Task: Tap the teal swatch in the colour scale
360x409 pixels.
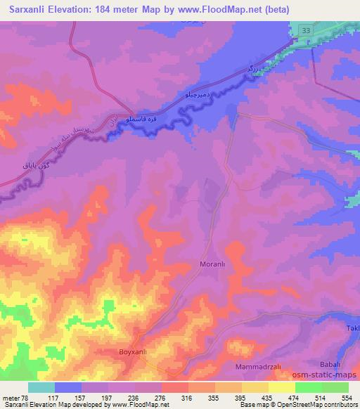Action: [x=41, y=387]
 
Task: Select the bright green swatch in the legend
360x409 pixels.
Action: [x=308, y=387]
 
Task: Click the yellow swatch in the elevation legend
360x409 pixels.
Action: [x=281, y=387]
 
